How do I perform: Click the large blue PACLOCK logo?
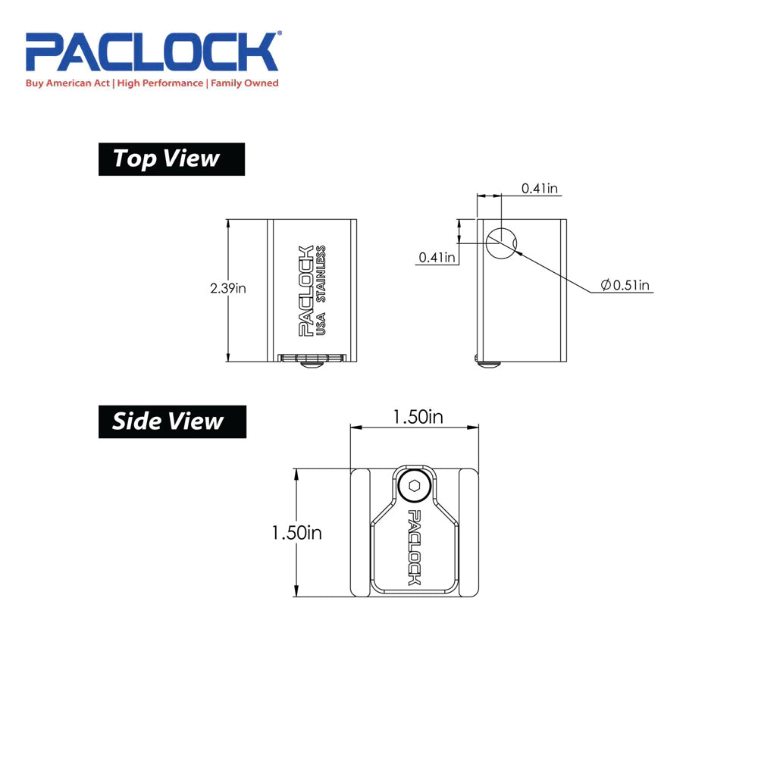152,52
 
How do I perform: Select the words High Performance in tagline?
159,83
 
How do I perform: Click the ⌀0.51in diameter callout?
625,285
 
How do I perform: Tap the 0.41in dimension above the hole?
540,188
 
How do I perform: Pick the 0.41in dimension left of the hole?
437,258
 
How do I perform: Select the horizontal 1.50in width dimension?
416,418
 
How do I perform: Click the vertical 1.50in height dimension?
296,533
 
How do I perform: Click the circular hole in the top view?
501,243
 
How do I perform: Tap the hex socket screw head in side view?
414,486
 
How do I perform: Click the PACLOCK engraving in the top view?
305,290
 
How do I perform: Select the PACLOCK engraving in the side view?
415,547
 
